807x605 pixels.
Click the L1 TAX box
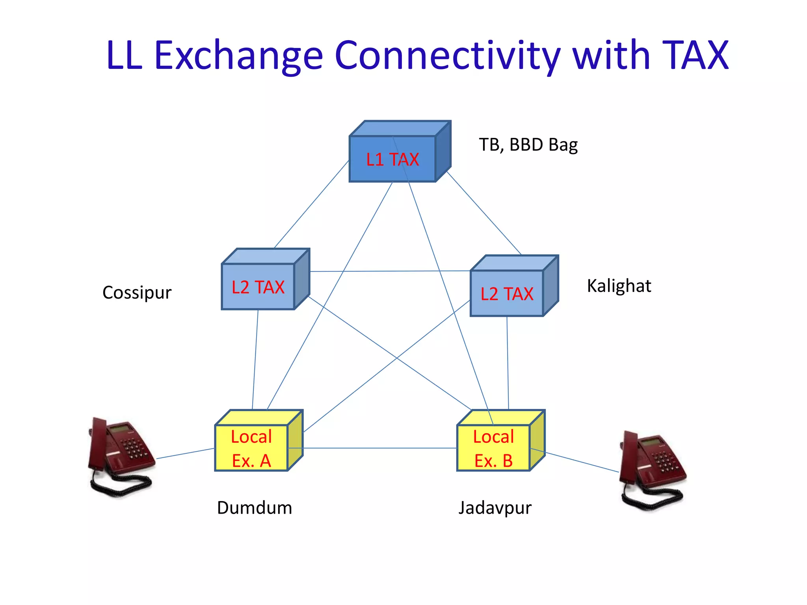393,159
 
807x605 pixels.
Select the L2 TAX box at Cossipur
258,287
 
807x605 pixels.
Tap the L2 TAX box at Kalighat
507,293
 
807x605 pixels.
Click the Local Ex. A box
251,448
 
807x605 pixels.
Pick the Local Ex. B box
493,448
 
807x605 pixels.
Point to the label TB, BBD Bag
528,145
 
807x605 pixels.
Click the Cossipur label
137,293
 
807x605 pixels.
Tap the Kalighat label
619,286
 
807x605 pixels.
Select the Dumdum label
255,508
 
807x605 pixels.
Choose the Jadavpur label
495,508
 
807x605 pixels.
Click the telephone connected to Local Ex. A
120,457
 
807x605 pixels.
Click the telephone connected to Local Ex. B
652,471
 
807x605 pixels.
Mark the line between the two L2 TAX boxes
390,271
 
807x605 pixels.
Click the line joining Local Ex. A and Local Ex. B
378,448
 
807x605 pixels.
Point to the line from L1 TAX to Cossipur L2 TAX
311,204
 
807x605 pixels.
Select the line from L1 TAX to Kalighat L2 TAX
484,213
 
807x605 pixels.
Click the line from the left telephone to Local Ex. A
185,453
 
